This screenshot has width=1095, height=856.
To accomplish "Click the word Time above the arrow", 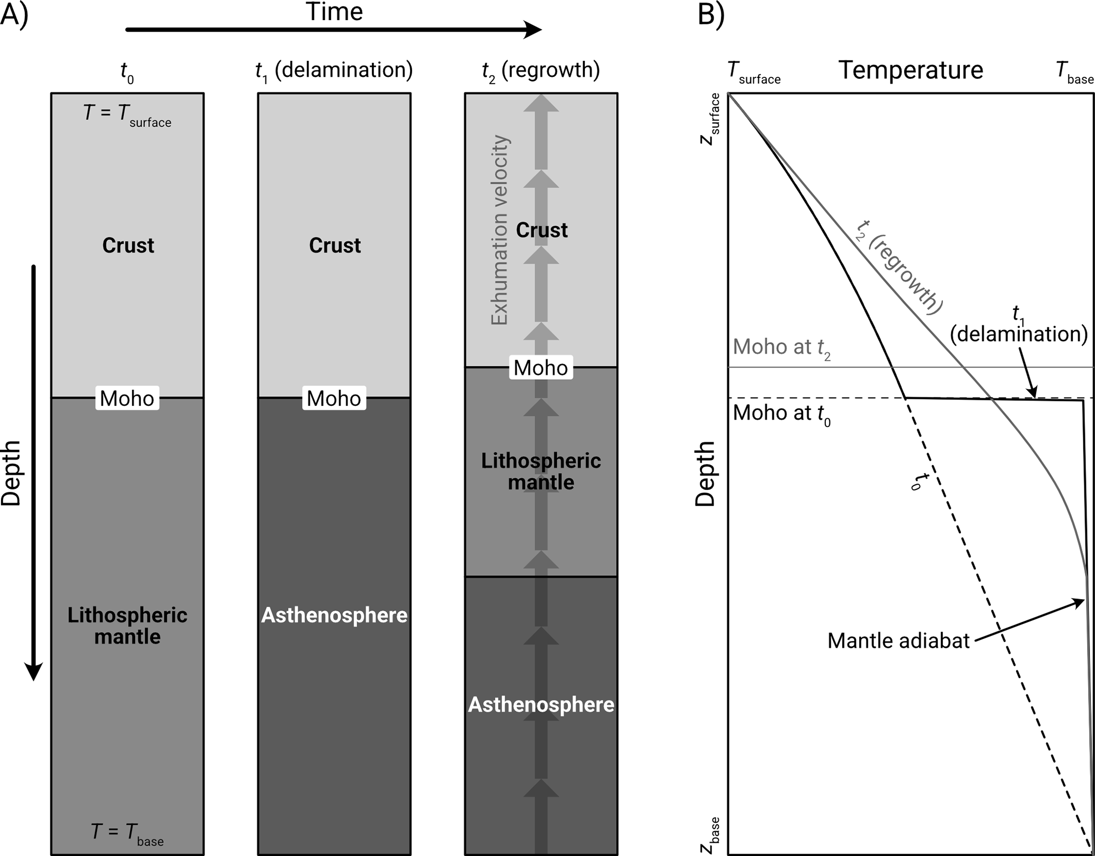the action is [334, 12].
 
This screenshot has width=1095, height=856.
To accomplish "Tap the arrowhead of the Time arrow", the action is [532, 30].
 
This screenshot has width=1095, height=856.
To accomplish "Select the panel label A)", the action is [14, 14].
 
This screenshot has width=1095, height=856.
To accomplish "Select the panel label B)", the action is [711, 14].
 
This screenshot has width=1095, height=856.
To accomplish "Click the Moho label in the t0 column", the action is [127, 398].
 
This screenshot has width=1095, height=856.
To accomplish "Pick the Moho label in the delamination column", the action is [334, 398].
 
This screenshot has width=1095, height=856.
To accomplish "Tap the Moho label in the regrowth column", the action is [541, 368].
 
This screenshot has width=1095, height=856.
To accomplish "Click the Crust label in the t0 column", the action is [128, 245].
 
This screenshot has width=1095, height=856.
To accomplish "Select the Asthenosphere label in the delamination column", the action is [334, 615].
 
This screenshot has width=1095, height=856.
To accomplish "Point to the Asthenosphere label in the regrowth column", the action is [541, 705].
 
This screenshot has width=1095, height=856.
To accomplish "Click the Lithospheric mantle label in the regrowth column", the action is [541, 471].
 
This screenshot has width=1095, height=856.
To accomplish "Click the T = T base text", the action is [127, 833].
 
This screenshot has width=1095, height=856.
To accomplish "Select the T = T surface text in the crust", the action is [128, 114].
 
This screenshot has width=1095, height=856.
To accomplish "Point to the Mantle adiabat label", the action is [898, 640].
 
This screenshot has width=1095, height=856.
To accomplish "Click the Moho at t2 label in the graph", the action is [782, 348].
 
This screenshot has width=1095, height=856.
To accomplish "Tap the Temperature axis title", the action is [911, 70].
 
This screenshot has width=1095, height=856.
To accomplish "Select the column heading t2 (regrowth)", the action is [541, 72].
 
